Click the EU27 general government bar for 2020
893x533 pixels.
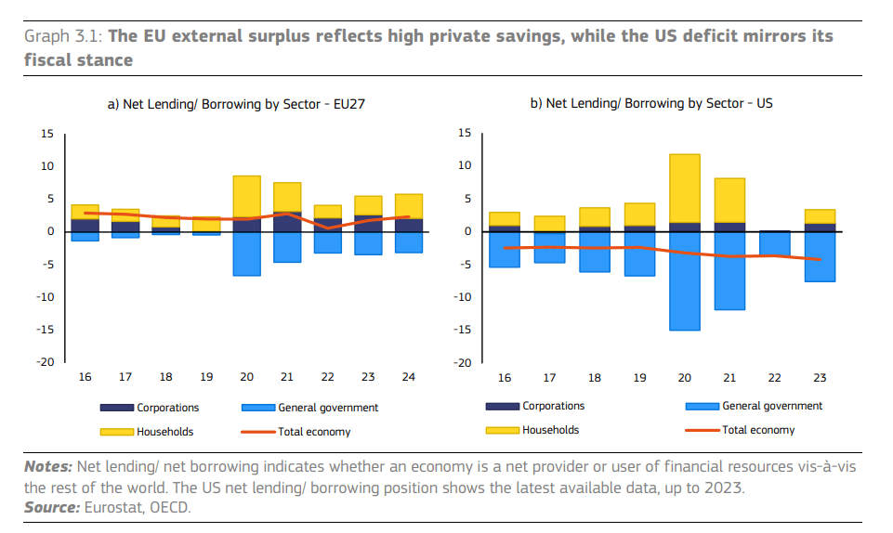(x=246, y=253)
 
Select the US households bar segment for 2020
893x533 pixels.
(x=685, y=188)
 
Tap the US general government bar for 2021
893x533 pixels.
(x=729, y=270)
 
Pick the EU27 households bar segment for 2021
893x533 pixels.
(x=287, y=197)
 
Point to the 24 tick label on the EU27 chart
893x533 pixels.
(x=410, y=377)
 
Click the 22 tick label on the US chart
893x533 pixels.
(x=774, y=378)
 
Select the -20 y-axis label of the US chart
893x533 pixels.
(x=462, y=363)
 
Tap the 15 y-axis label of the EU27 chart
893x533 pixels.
(x=46, y=134)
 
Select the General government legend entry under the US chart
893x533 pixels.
(x=771, y=406)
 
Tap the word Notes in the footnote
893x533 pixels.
(x=47, y=467)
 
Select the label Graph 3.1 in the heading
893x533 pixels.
(x=63, y=36)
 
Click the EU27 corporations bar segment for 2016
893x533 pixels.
(x=85, y=226)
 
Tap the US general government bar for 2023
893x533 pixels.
(x=819, y=256)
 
